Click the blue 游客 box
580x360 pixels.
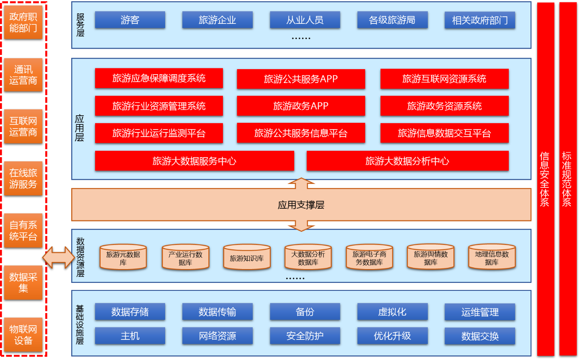(x=130, y=20)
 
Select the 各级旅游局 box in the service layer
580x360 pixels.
(x=392, y=20)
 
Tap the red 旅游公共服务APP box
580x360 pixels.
(x=300, y=79)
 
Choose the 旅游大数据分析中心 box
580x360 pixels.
(x=407, y=161)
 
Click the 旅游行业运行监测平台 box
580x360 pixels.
(x=159, y=133)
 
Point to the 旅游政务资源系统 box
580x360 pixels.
(x=444, y=106)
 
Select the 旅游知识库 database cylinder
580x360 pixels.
(x=247, y=257)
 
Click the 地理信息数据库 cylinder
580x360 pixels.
(x=492, y=257)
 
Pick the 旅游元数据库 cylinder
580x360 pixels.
(x=123, y=257)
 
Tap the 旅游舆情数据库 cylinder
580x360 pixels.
(x=430, y=257)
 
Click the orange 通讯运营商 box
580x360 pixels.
(x=23, y=75)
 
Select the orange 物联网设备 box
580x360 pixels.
(x=23, y=334)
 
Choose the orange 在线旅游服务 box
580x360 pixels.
(x=23, y=179)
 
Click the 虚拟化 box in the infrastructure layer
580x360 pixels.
(x=392, y=312)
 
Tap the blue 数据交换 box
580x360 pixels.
(x=480, y=336)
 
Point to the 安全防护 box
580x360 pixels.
(x=305, y=336)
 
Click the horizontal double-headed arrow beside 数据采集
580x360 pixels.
(x=59, y=257)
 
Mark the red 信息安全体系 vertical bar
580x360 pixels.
(x=545, y=179)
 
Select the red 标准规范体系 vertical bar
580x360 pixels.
(x=567, y=179)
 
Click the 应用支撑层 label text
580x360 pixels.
(x=301, y=205)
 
